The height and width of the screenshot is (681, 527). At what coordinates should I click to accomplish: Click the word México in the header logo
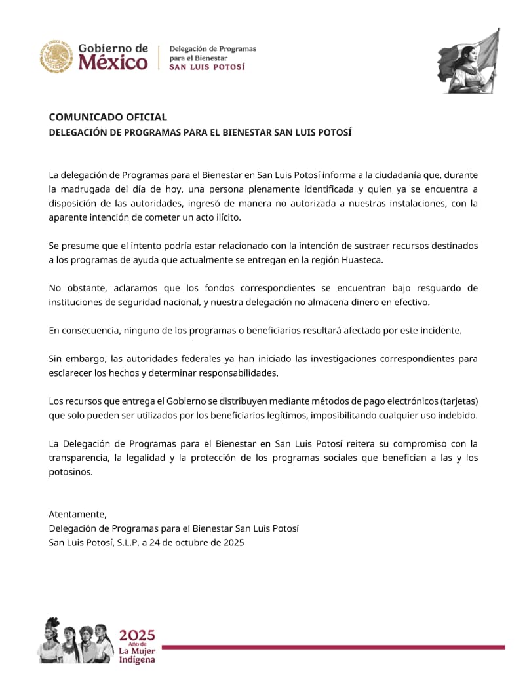[113, 63]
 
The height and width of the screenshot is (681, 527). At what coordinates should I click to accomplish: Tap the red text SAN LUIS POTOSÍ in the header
[207, 67]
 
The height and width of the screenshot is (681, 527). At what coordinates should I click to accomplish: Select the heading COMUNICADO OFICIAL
[107, 117]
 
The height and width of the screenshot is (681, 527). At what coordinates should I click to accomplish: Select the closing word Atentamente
[77, 514]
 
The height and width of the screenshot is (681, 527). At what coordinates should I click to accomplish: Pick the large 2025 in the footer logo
[137, 635]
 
